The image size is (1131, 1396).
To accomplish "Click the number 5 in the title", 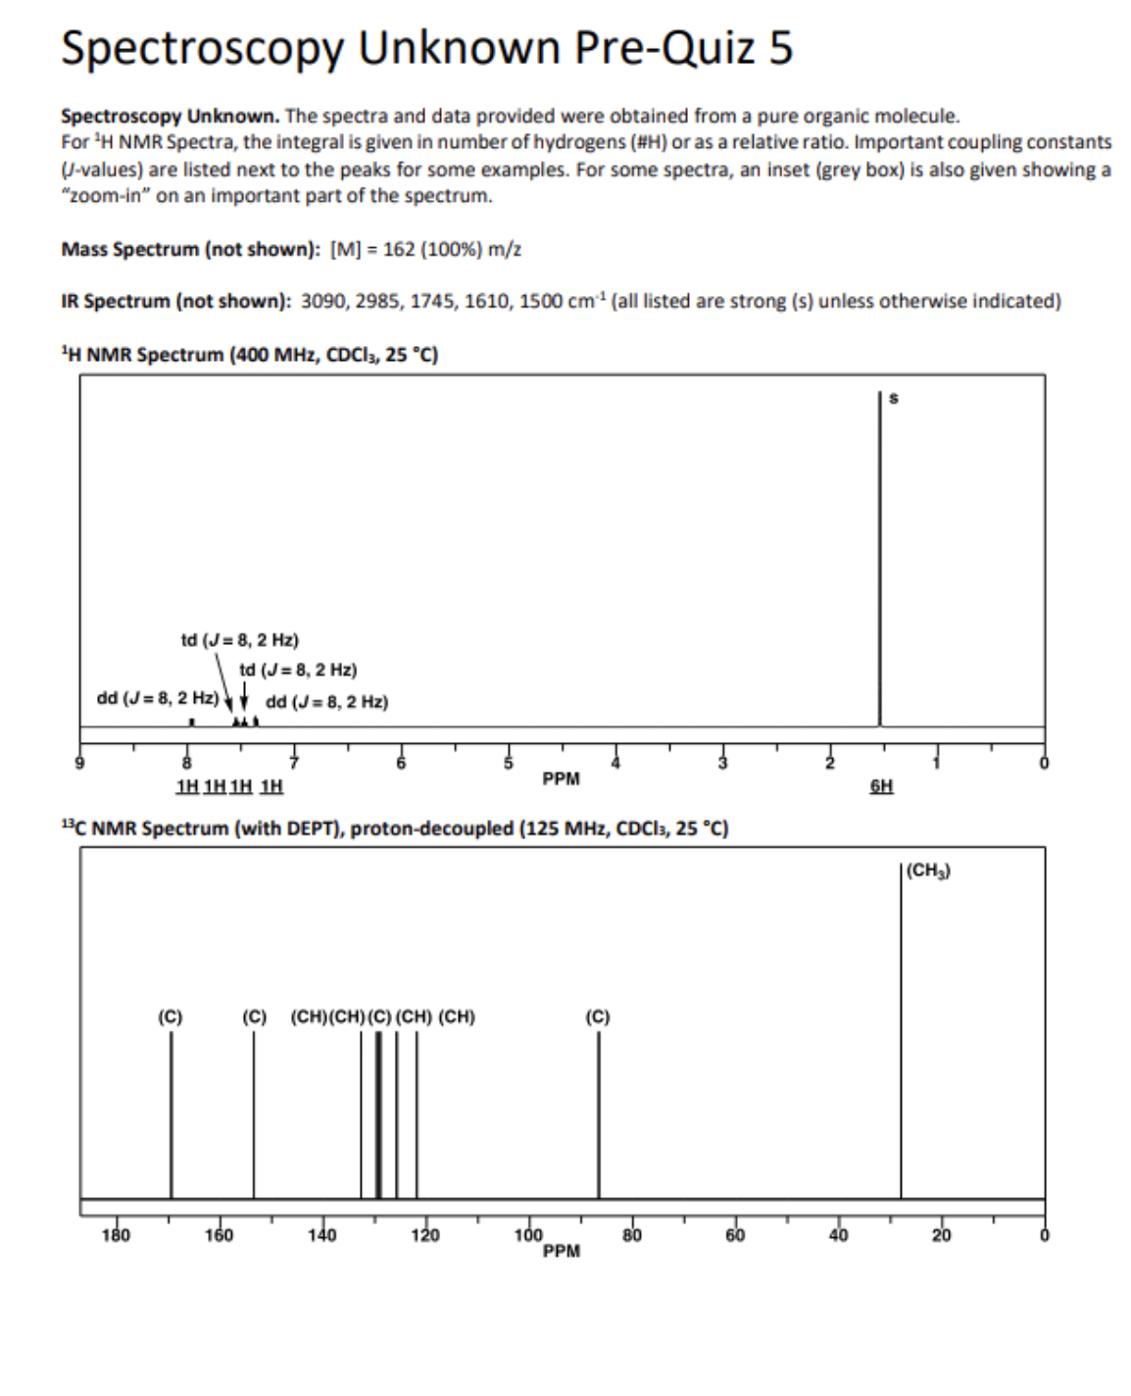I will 780,48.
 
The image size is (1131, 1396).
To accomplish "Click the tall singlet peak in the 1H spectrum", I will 879,559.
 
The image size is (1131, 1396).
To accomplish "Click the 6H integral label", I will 881,786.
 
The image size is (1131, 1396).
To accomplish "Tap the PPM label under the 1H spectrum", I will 561,779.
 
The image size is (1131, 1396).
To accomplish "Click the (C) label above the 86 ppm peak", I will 597,1017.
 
